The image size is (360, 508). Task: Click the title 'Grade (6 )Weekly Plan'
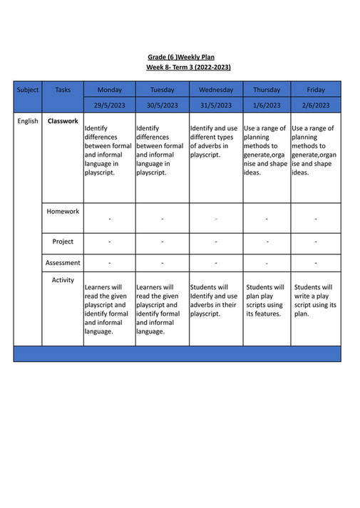(x=180, y=57)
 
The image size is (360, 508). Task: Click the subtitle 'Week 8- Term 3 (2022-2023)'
(x=188, y=67)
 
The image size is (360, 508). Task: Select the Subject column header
(x=28, y=90)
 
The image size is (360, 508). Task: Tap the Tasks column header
(x=63, y=90)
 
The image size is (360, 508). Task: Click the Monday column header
(x=109, y=90)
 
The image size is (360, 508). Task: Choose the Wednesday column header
(x=216, y=90)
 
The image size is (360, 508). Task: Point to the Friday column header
(x=316, y=90)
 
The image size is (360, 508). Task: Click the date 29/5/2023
(x=109, y=105)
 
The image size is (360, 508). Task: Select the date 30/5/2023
(x=162, y=105)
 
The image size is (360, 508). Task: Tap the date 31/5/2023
(x=216, y=105)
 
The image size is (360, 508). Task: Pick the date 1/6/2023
(x=267, y=105)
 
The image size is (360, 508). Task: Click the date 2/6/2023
(x=316, y=105)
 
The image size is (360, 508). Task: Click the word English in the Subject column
(x=28, y=121)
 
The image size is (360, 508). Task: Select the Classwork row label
(x=63, y=121)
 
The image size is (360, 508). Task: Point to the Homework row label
(x=63, y=212)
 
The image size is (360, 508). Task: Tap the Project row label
(x=63, y=242)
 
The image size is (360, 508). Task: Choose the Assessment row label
(x=63, y=263)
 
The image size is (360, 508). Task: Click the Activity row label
(x=63, y=280)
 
